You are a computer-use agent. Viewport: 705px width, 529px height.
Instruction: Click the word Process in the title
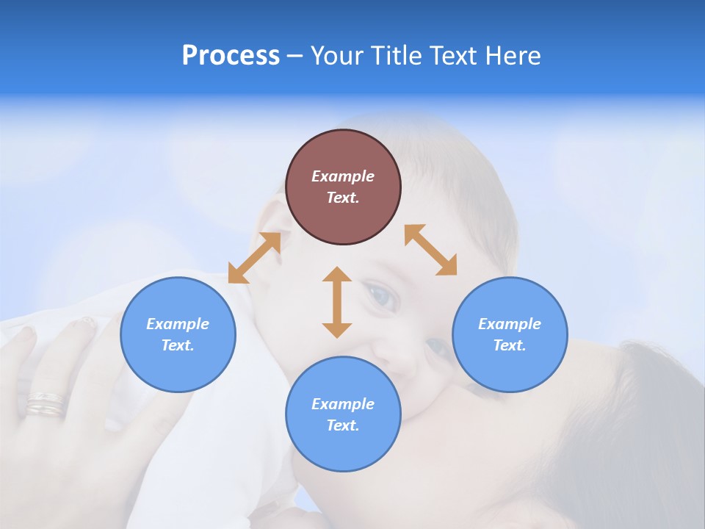pos(231,56)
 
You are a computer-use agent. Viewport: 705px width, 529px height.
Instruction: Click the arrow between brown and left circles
pos(254,258)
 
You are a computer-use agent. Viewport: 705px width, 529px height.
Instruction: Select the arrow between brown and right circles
pos(430,250)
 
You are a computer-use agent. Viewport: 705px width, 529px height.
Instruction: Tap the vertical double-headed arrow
pos(337,302)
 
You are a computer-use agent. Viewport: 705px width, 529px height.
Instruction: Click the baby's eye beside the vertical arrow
pos(382,296)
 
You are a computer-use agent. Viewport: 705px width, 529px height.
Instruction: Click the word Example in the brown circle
pos(343,176)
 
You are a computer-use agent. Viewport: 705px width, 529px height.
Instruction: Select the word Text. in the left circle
pos(178,345)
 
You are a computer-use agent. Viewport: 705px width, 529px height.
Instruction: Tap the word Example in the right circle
pos(510,324)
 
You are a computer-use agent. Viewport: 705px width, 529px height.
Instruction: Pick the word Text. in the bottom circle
pos(343,425)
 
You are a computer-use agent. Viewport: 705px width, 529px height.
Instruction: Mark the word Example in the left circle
pos(178,324)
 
